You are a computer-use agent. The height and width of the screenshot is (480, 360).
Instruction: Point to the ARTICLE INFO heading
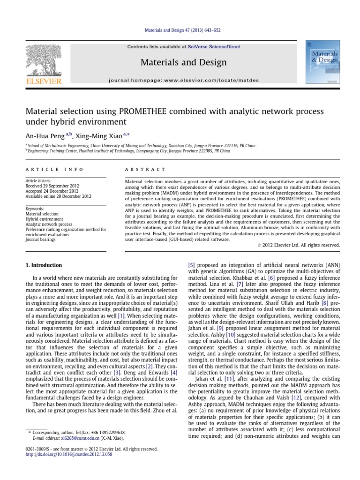coord(54,169)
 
